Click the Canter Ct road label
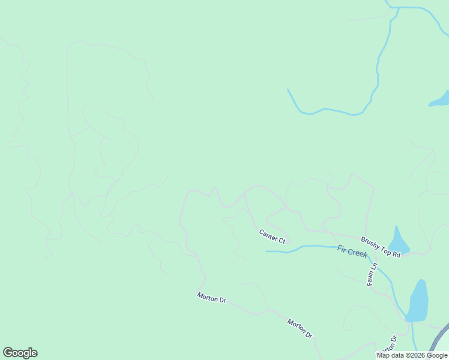point(272,236)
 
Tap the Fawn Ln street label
point(372,274)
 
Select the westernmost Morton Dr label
point(211,297)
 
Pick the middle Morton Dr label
point(300,328)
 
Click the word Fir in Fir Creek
point(343,250)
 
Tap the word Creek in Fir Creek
point(358,253)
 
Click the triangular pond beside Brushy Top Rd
point(398,241)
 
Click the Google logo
point(20,353)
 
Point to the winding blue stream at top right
point(378,66)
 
